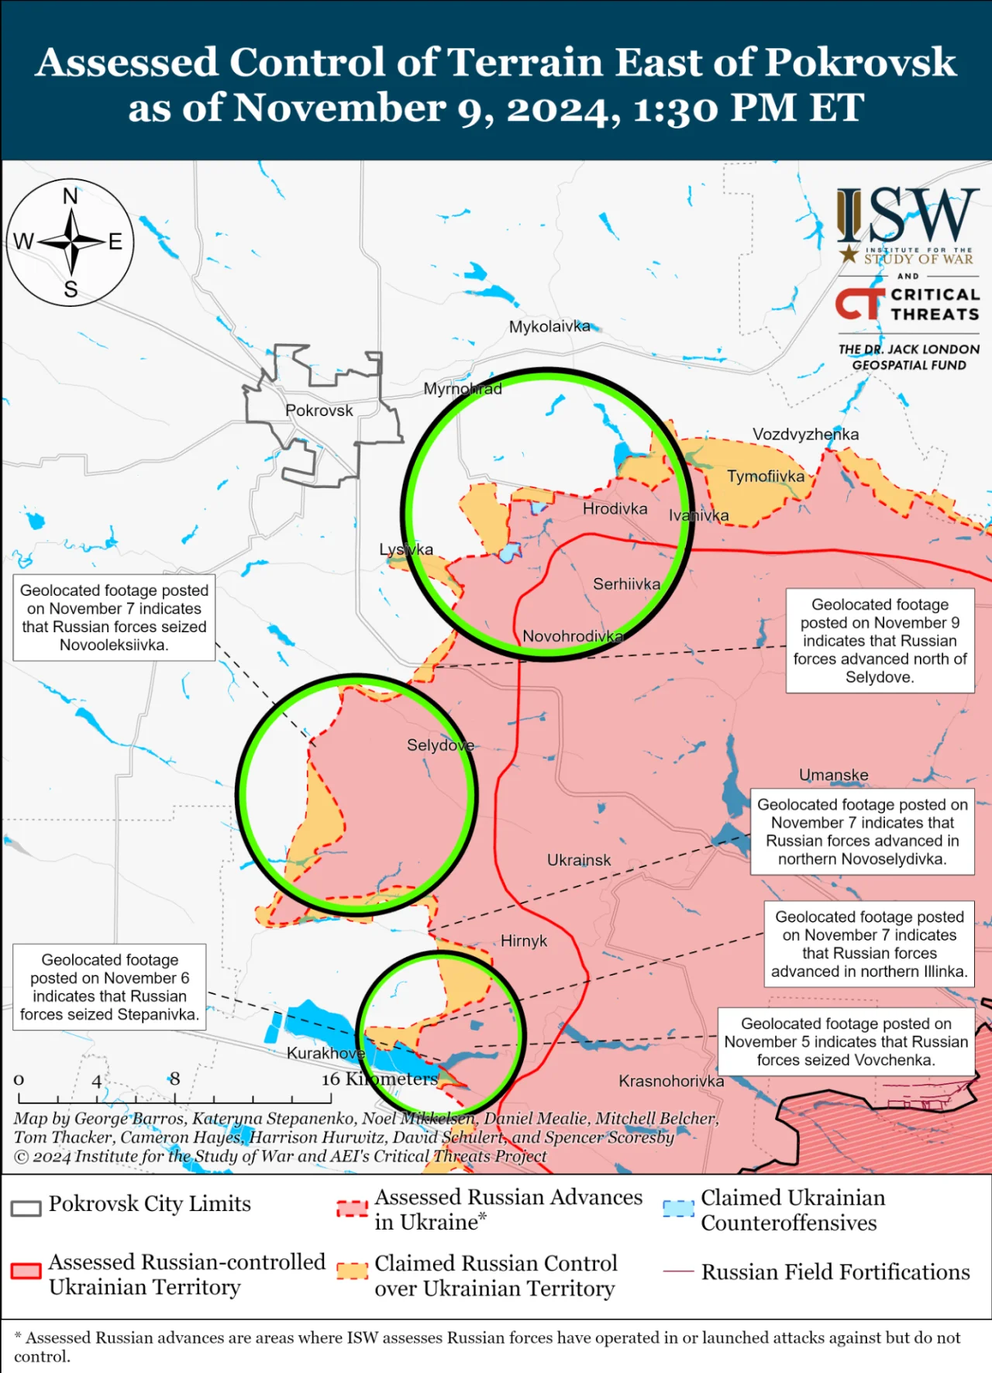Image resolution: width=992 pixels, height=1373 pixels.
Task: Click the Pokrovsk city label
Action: click(x=319, y=411)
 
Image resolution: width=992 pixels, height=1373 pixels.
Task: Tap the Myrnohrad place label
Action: click(x=462, y=389)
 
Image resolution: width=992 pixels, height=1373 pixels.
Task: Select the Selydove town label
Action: click(x=440, y=745)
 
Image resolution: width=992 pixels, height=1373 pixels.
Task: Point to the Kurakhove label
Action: click(x=325, y=1053)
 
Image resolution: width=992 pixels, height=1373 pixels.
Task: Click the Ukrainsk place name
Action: click(x=579, y=860)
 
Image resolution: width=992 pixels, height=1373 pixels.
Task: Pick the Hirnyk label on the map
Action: click(x=524, y=941)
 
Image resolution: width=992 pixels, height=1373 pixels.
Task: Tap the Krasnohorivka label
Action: click(x=671, y=1081)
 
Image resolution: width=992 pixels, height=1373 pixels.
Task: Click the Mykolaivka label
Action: click(x=549, y=327)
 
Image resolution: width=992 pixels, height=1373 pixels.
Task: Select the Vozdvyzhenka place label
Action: click(x=806, y=435)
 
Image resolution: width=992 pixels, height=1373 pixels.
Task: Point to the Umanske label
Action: click(x=833, y=775)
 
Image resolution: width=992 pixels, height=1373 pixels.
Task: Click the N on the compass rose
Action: click(x=71, y=197)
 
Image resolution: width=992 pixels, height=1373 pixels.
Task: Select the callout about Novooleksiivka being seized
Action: click(x=114, y=618)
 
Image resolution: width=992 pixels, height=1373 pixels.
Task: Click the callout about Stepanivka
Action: click(x=109, y=987)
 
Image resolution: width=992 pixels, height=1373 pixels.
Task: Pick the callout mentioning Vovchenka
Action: click(x=846, y=1041)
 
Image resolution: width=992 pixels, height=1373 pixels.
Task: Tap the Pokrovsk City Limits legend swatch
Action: click(x=26, y=1208)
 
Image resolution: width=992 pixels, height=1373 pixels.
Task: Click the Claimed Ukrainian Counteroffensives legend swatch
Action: click(x=677, y=1209)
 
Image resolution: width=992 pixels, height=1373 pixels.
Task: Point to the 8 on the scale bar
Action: click(x=175, y=1079)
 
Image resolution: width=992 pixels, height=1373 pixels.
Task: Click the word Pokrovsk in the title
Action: click(x=860, y=64)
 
